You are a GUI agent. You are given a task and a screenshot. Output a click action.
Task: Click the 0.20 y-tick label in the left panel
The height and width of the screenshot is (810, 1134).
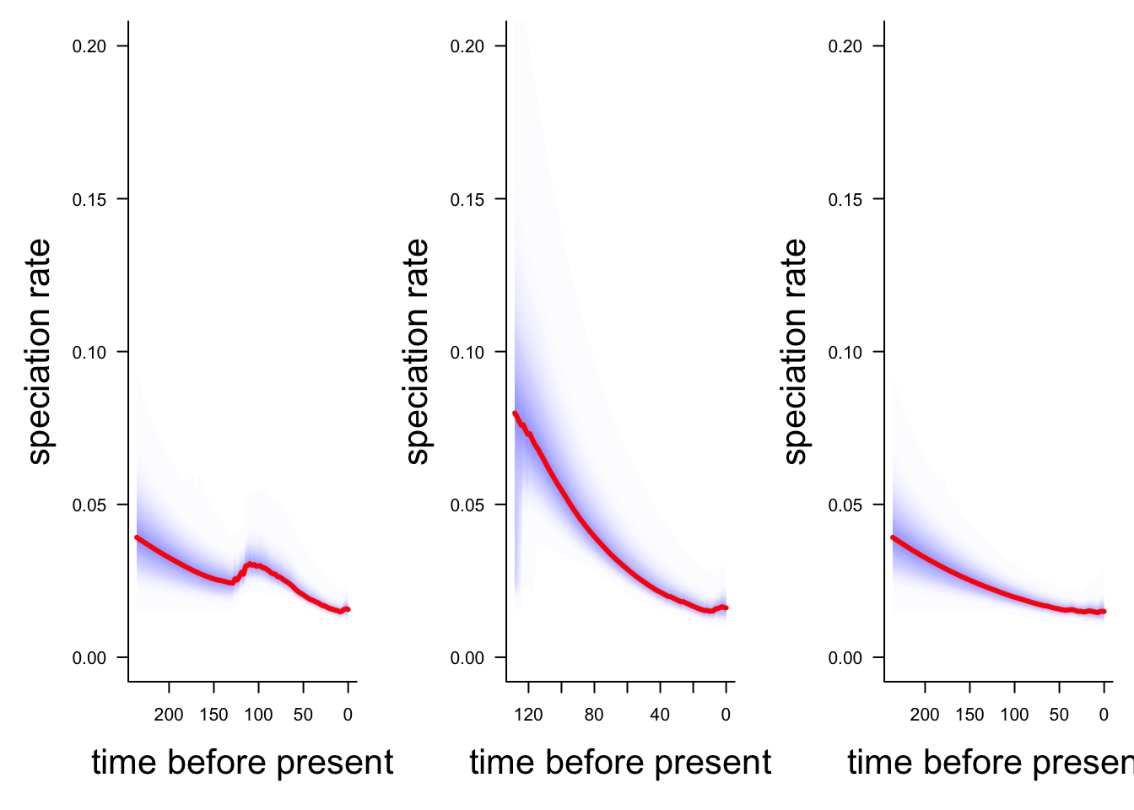click(x=89, y=46)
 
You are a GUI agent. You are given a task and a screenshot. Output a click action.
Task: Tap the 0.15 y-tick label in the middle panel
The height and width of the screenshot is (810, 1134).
click(x=467, y=199)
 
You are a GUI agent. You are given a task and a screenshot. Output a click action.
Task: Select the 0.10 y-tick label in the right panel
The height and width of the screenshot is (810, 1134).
click(x=845, y=352)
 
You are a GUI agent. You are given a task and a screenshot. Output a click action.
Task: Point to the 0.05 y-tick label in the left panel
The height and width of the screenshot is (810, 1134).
click(x=89, y=505)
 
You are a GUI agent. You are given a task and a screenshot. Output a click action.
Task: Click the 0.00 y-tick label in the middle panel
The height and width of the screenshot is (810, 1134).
click(x=467, y=658)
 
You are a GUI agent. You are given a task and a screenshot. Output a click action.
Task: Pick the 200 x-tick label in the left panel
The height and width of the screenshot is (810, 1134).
click(x=169, y=715)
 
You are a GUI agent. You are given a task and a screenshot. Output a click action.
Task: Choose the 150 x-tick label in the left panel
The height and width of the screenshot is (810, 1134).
click(x=213, y=715)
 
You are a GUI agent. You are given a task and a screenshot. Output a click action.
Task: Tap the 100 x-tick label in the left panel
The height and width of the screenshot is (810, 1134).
click(x=258, y=715)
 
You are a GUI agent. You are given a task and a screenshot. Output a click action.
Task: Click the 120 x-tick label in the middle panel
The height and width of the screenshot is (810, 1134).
click(x=528, y=715)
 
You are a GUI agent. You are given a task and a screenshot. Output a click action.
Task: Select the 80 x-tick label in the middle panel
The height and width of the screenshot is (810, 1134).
click(x=594, y=715)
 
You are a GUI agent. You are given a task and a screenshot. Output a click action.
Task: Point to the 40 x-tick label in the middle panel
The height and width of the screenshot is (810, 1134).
click(x=660, y=715)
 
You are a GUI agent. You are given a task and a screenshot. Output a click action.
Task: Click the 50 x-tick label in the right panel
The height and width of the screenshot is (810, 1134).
click(x=1059, y=715)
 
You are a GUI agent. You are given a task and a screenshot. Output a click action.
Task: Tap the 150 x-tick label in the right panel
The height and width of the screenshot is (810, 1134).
click(x=969, y=715)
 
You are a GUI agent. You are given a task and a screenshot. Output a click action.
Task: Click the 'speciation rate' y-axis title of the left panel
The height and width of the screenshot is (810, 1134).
click(x=39, y=352)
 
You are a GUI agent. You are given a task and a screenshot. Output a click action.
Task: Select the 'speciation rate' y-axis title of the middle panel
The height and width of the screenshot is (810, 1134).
click(x=417, y=352)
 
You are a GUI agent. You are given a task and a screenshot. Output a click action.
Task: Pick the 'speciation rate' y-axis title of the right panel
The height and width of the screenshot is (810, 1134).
click(x=795, y=352)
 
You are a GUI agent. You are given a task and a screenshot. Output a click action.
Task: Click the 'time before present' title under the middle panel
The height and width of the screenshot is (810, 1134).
click(x=620, y=762)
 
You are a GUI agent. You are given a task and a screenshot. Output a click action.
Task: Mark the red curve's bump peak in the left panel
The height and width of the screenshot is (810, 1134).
click(x=250, y=564)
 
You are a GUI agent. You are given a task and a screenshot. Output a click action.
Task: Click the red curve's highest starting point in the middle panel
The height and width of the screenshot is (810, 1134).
click(x=515, y=413)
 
